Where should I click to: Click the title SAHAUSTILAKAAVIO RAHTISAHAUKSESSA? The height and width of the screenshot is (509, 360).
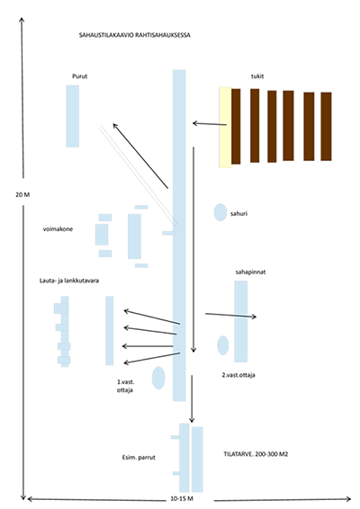tap(134, 35)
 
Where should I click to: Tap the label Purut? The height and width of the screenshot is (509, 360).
tap(80, 76)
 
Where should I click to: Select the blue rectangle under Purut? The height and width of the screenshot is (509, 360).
tap(73, 116)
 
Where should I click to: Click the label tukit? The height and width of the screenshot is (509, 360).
tap(257, 76)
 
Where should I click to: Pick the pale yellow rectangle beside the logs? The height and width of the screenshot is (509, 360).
tap(225, 128)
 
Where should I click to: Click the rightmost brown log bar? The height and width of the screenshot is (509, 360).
tap(326, 126)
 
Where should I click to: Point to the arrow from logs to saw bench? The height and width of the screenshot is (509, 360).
tap(210, 124)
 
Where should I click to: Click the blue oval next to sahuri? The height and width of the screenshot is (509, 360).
tap(220, 212)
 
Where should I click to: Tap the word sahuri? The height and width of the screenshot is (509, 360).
tap(239, 214)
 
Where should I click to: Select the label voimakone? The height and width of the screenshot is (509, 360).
tap(58, 228)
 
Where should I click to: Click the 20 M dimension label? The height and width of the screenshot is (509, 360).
tap(22, 195)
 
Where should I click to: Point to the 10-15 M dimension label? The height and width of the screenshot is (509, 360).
tap(182, 498)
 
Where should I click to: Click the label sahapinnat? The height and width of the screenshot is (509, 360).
tap(250, 272)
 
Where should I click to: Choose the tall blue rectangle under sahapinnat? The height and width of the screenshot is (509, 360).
tap(241, 321)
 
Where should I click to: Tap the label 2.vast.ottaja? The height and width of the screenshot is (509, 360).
tap(238, 375)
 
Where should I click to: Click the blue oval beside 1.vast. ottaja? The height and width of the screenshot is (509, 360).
tap(158, 378)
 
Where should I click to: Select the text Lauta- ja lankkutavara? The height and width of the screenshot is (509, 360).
tap(69, 281)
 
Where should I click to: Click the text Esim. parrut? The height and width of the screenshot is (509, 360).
tap(139, 458)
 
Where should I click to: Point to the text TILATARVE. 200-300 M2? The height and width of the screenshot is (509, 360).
tap(256, 454)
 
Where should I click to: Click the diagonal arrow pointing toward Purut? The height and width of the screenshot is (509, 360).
tap(140, 156)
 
